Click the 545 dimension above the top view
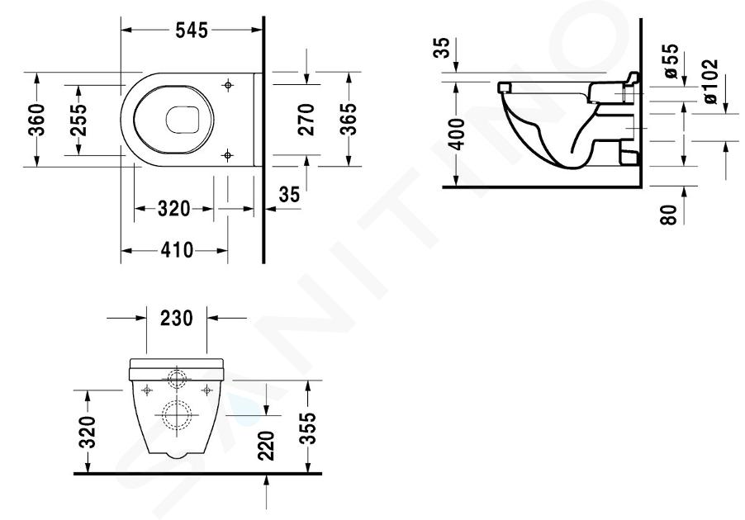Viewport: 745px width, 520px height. (192, 31)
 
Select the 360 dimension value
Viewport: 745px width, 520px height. (37, 120)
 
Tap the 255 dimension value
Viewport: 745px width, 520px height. (78, 120)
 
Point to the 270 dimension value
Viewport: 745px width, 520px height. (307, 120)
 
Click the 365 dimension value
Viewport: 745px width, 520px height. (349, 120)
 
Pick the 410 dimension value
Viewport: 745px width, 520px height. (177, 250)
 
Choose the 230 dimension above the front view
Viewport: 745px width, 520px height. (176, 318)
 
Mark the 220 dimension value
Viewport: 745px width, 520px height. (267, 446)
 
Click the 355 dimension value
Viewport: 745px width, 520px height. (309, 428)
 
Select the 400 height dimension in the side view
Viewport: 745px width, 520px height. (457, 135)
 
